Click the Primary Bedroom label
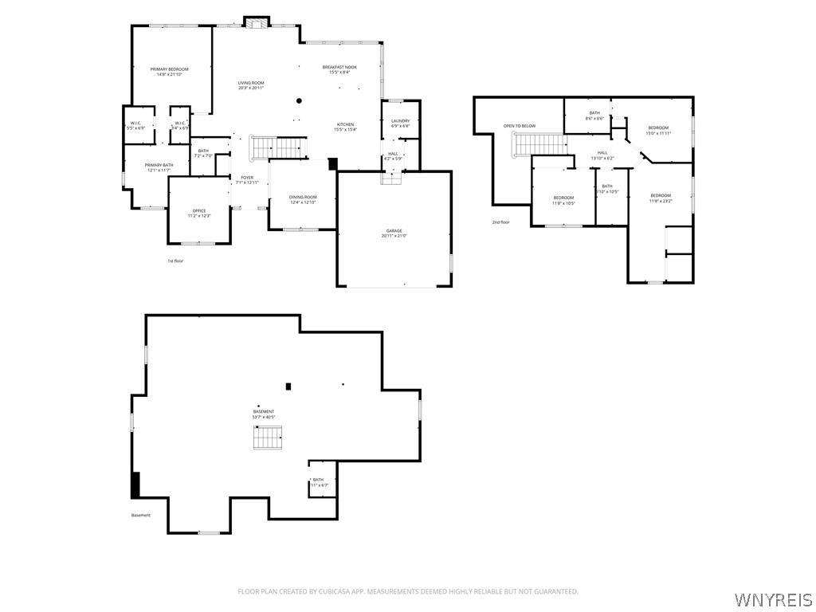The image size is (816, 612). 170,72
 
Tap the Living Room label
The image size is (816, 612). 251,85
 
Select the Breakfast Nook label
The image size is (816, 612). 339,69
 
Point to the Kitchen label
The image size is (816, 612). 345,127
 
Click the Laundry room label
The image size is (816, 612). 400,123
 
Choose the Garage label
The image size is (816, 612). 394,233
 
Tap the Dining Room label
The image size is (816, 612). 303,199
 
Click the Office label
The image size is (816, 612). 199,213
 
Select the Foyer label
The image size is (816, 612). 247,180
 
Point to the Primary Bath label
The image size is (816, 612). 159,167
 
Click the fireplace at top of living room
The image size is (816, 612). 257,23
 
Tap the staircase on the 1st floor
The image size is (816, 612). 279,147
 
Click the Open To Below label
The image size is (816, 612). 519,126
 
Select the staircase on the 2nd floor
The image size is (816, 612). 539,143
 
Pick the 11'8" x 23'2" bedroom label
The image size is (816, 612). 660,198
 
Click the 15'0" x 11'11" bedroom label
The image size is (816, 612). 658,130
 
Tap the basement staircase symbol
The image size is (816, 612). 268,437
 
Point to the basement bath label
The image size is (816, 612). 319,482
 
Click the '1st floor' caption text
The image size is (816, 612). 175,261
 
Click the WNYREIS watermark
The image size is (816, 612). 773,598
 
